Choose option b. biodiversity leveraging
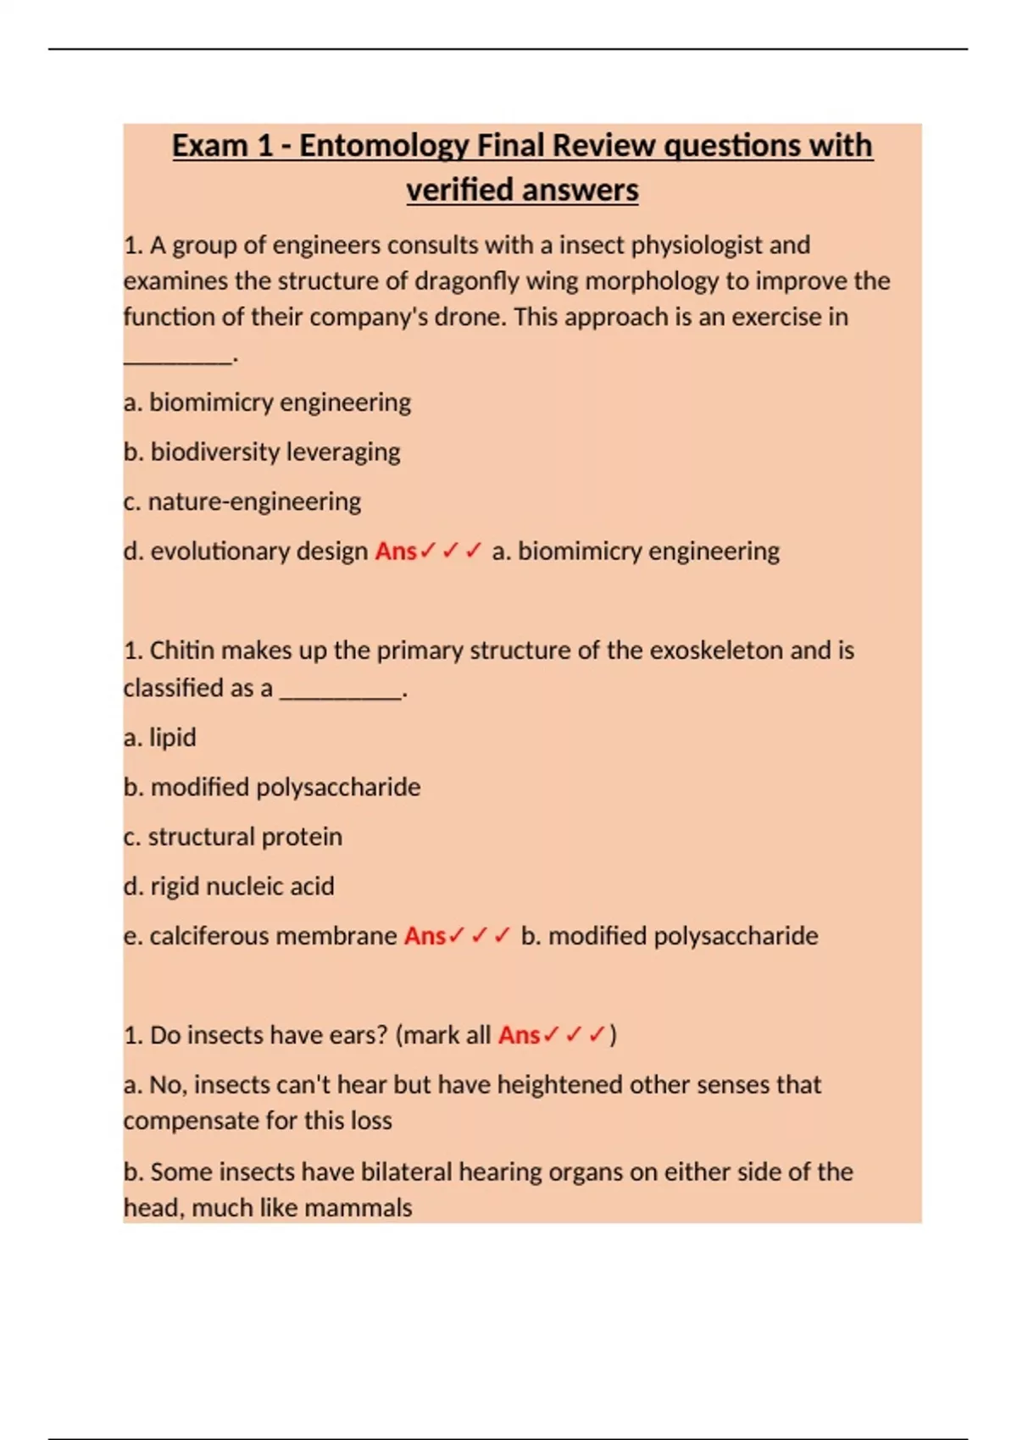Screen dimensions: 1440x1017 (262, 451)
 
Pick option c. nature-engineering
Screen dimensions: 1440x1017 (242, 501)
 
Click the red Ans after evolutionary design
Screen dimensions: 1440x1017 (396, 551)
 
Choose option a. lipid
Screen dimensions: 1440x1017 (160, 738)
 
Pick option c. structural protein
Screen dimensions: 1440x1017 (233, 837)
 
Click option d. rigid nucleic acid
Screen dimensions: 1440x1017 (229, 887)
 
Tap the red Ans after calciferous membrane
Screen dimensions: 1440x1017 (425, 936)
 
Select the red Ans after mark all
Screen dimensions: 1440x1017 (519, 1035)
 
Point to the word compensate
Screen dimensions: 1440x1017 (189, 1121)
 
